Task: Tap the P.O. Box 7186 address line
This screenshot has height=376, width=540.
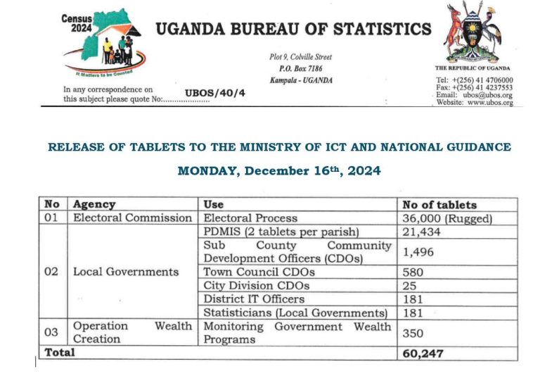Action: pyautogui.click(x=300, y=68)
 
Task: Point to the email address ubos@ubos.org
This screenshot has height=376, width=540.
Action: pyautogui.click(x=484, y=95)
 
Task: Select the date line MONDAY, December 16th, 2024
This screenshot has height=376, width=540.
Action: pyautogui.click(x=279, y=171)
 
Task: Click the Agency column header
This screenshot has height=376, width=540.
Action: pyautogui.click(x=94, y=205)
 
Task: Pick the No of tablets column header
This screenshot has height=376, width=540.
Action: pyautogui.click(x=439, y=205)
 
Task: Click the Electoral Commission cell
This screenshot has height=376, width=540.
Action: pyautogui.click(x=132, y=218)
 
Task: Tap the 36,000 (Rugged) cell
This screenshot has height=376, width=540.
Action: pyautogui.click(x=447, y=218)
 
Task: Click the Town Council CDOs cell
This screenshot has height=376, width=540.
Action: pyautogui.click(x=259, y=272)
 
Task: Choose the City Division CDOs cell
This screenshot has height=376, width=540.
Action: pyautogui.click(x=256, y=286)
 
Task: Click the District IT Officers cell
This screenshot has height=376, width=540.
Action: pyautogui.click(x=254, y=299)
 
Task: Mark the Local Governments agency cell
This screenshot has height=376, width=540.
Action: pyautogui.click(x=126, y=272)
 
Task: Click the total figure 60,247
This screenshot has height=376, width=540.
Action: pyautogui.click(x=423, y=353)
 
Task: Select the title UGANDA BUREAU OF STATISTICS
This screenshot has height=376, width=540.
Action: pyautogui.click(x=292, y=30)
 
